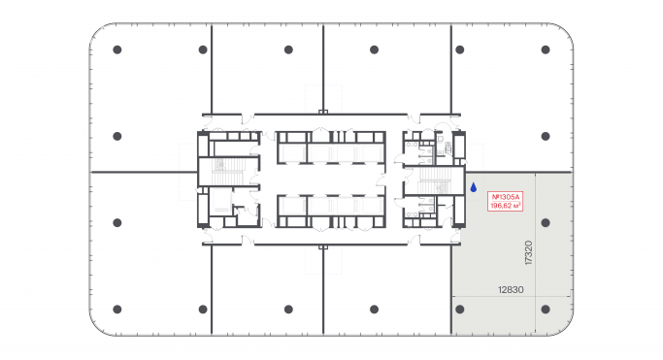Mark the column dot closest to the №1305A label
[547, 222]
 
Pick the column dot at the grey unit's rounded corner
[547, 310]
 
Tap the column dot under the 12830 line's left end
[460, 310]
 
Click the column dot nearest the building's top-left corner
[116, 49]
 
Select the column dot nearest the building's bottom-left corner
[116, 310]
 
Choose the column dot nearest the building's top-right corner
[547, 49]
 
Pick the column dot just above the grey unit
[547, 136]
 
